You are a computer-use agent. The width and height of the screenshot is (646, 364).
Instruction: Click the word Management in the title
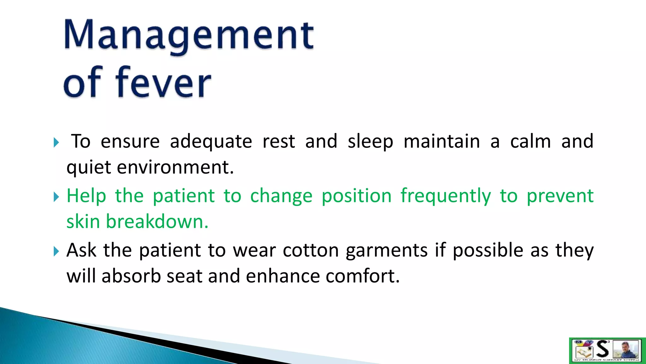click(x=189, y=35)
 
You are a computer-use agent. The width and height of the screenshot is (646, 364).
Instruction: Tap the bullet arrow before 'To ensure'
click(x=56, y=143)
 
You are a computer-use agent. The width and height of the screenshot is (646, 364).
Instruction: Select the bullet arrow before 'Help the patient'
click(x=56, y=197)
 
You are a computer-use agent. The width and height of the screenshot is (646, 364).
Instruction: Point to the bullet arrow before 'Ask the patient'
click(x=56, y=252)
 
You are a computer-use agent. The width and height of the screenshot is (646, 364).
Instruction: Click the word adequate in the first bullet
click(x=211, y=142)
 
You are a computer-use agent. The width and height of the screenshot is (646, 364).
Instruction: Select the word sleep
click(x=370, y=142)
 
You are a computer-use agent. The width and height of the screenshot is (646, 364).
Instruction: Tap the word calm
click(x=530, y=142)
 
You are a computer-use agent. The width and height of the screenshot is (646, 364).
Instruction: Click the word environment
click(x=175, y=167)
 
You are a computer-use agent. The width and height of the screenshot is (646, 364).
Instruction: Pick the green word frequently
click(x=446, y=196)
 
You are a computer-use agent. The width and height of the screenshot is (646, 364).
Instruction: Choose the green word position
click(x=356, y=196)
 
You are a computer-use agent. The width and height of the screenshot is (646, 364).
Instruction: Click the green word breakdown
click(x=157, y=221)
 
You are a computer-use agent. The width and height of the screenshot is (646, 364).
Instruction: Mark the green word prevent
click(x=560, y=196)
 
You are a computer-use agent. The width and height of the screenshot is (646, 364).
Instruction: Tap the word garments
click(x=386, y=251)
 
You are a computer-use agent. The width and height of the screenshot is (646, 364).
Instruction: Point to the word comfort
click(x=362, y=276)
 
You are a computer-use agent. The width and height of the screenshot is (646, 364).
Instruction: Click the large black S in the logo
click(x=603, y=349)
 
